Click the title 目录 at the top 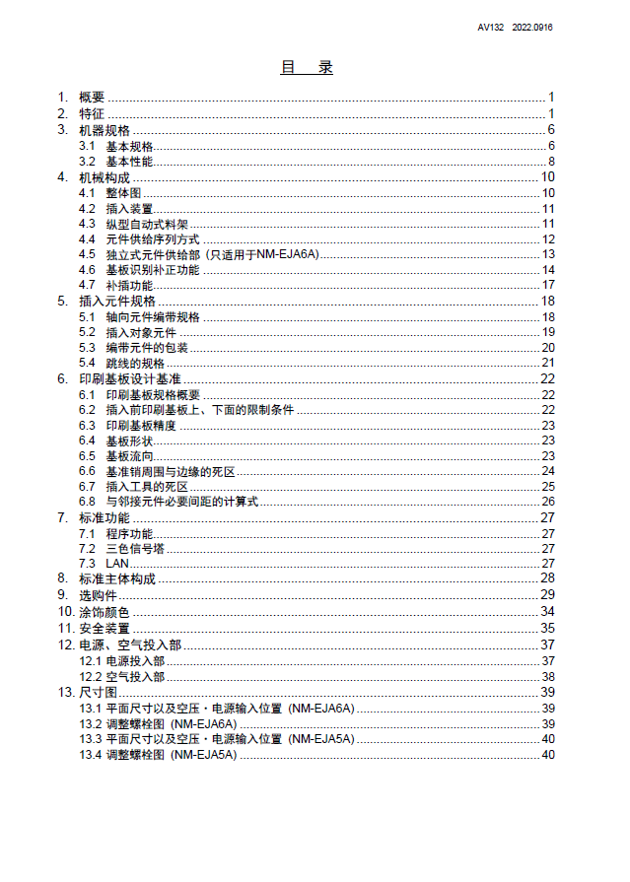307,68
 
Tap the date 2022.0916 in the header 532,28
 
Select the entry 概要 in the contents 92,97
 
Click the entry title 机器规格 104,130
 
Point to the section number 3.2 87,162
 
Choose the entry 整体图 124,193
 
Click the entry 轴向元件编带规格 153,317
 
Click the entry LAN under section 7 117,563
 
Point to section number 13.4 91,755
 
